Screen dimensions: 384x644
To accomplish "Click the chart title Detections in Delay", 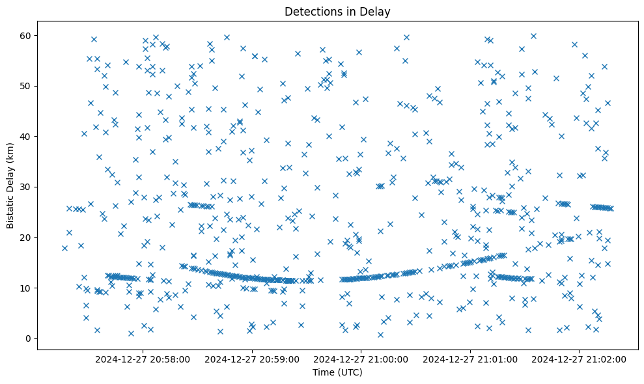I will pyautogui.click(x=337, y=11).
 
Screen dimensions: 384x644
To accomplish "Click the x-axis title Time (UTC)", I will pyautogui.click(x=337, y=372).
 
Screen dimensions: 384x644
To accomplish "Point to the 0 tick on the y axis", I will pyautogui.click(x=29, y=338).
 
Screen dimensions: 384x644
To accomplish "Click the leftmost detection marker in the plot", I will pyautogui.click(x=64, y=248).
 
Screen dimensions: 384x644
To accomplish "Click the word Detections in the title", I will pyautogui.click(x=310, y=11).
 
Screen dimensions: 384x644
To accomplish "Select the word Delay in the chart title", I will pyautogui.click(x=376, y=11).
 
